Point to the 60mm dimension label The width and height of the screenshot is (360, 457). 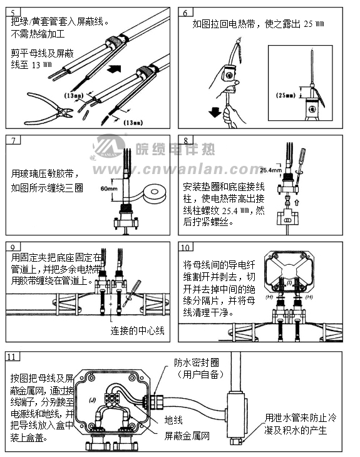109,188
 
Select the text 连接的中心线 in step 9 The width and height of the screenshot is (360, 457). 137,330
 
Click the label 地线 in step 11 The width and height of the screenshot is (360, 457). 173,420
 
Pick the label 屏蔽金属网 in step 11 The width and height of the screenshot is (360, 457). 187,435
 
